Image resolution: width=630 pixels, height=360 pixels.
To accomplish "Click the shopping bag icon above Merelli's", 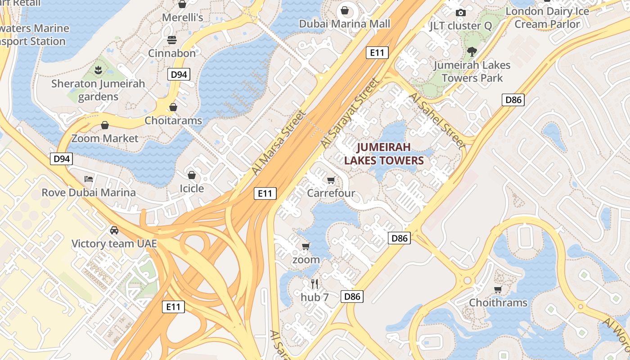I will pos(182,4).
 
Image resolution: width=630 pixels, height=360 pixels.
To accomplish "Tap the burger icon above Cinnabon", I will pos(171,40).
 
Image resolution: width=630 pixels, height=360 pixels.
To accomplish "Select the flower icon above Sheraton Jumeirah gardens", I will pos(98,70).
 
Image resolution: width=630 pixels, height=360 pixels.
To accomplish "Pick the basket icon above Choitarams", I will pos(173,107).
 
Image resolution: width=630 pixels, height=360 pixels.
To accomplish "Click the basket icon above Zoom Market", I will pos(105,125).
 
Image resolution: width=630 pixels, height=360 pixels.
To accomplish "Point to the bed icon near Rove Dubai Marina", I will pos(89,179).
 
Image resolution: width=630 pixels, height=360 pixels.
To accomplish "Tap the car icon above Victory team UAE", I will pos(114,230).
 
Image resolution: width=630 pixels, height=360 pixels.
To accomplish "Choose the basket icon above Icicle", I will pos(192,175).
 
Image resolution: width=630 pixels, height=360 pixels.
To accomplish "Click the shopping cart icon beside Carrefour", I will pos(331,180).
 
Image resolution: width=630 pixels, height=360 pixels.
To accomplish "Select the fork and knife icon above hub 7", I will pos(315,283).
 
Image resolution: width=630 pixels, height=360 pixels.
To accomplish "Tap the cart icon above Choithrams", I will pos(498,289).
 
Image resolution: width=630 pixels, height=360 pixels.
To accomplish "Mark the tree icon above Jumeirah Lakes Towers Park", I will pos(472,51).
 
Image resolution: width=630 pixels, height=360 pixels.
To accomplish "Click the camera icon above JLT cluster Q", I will pos(460,13).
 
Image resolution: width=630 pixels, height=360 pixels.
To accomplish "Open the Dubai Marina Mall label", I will pos(345,24).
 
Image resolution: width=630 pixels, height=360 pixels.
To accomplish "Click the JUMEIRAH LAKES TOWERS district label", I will pos(384,154).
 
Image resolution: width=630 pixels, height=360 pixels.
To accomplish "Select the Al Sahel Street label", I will pos(436,120).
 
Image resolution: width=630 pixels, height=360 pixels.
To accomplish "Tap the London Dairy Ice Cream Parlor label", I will pos(547,18).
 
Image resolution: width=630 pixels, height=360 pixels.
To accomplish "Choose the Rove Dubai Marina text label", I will pos(89,193).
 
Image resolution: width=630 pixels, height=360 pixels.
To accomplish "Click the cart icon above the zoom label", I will pos(306,246).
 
